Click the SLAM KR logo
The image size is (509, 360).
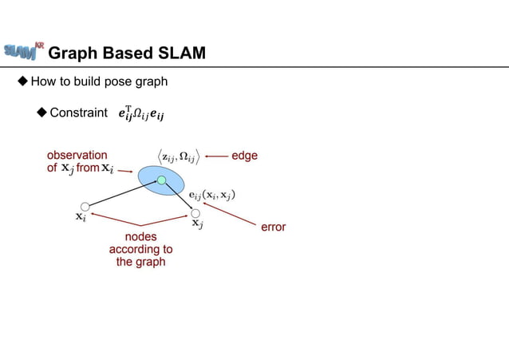click(23, 50)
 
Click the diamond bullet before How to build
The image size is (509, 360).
click(23, 81)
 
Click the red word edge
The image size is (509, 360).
click(244, 156)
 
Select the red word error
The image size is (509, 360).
click(273, 227)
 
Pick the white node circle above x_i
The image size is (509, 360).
click(85, 208)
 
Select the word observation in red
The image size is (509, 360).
click(77, 156)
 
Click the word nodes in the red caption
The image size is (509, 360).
click(141, 236)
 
